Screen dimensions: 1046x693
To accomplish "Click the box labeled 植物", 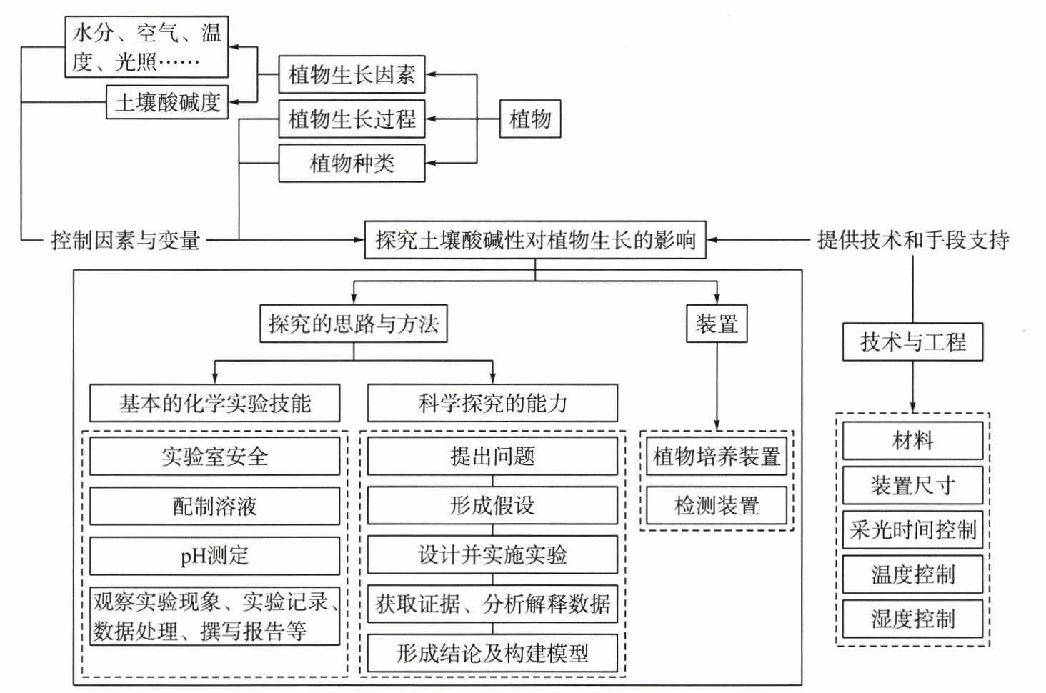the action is click(x=530, y=119).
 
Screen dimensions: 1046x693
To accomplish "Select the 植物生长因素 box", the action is click(x=352, y=75).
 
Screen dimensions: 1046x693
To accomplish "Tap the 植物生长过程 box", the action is click(x=352, y=119).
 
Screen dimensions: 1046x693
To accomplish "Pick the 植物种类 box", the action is click(x=352, y=163).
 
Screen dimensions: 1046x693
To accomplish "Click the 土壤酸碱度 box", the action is click(x=167, y=101).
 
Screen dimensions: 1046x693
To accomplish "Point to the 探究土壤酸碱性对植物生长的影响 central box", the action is click(x=535, y=240).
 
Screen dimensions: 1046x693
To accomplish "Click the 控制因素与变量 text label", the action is click(x=125, y=241).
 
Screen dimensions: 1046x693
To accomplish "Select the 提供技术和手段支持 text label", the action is click(x=913, y=240).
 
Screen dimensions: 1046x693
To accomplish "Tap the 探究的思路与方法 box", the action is click(x=354, y=324).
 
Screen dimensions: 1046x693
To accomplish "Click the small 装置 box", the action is click(x=717, y=324).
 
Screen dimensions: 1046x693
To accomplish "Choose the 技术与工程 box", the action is click(x=913, y=341).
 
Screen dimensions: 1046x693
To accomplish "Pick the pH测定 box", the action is click(x=215, y=556).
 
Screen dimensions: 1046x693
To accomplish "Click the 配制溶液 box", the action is click(x=215, y=507).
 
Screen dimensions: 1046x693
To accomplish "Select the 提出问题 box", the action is click(x=493, y=457).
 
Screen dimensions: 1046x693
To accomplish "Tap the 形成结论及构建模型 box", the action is click(x=493, y=653).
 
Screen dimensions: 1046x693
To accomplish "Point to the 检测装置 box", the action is click(x=717, y=505).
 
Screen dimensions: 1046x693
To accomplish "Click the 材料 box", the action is click(x=913, y=441).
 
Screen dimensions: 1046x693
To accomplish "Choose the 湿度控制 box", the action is click(x=913, y=619).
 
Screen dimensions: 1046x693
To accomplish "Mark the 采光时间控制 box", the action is click(x=913, y=530).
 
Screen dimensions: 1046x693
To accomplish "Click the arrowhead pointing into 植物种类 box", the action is click(x=431, y=163).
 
